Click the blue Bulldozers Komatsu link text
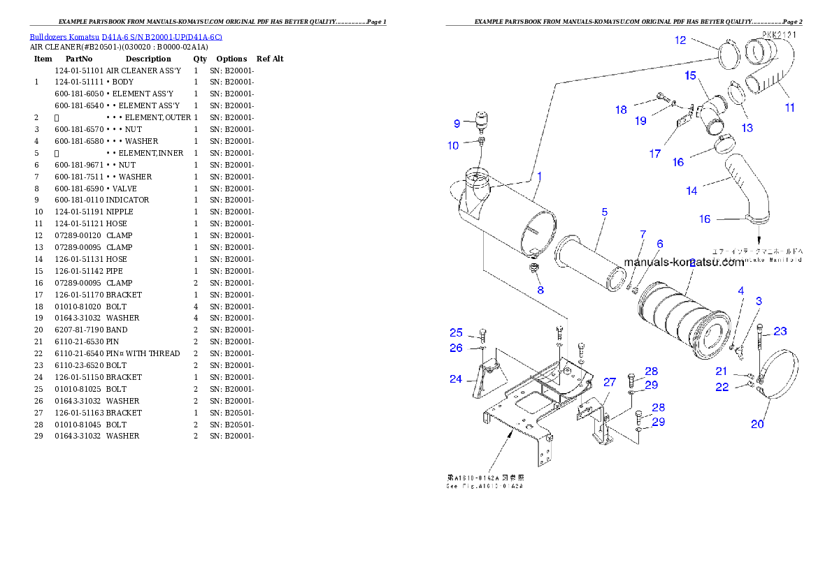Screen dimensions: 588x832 tap(126, 36)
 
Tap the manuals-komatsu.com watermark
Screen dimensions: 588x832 tap(684, 263)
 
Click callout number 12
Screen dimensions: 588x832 tap(680, 41)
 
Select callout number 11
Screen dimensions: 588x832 tap(789, 108)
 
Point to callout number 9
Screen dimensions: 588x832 tap(457, 124)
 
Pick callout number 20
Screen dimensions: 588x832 tap(757, 424)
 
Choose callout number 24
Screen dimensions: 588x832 tap(456, 379)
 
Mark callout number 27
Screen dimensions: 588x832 tap(610, 382)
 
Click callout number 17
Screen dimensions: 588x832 tap(654, 154)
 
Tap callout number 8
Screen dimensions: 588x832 tap(540, 289)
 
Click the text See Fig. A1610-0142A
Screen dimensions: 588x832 tap(485, 486)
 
